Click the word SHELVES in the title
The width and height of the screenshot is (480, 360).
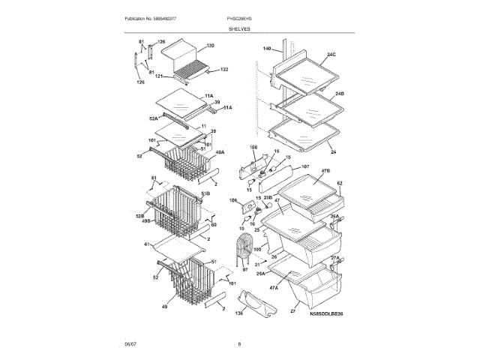tap(240, 28)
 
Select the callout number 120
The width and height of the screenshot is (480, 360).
tap(210, 46)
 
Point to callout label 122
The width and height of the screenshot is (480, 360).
tap(223, 70)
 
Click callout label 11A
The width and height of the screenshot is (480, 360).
tap(209, 96)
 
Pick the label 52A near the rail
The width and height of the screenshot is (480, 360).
tap(152, 118)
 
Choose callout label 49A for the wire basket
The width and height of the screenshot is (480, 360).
tap(220, 153)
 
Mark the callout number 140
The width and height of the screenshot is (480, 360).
tap(266, 49)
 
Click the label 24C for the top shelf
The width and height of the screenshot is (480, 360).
tap(331, 55)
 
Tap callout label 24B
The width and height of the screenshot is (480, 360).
tap(339, 93)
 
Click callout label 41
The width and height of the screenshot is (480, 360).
tap(146, 244)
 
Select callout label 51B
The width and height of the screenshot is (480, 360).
tap(205, 194)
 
